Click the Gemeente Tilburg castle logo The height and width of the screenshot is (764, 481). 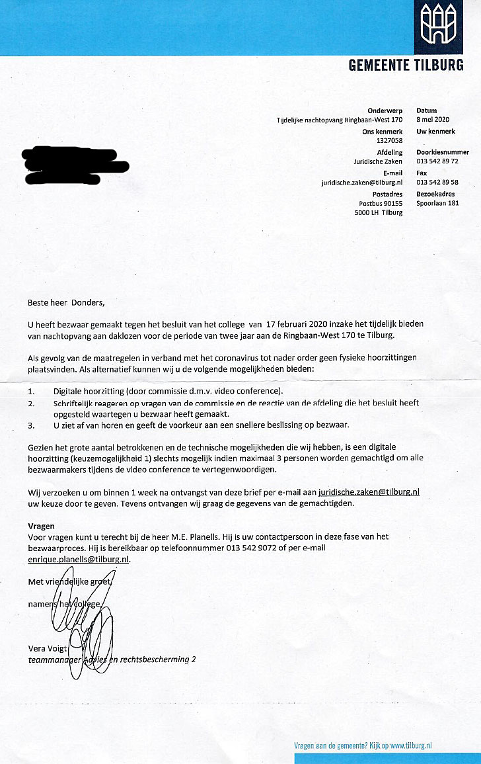pos(439,24)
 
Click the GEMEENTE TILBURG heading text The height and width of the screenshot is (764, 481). pos(406,65)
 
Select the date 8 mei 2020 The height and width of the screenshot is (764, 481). pos(433,120)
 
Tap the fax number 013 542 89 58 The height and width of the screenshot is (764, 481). pos(437,182)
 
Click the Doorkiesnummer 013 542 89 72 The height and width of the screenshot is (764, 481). pos(437,161)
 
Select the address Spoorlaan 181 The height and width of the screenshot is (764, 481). pos(437,203)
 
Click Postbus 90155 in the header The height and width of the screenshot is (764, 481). pos(381,203)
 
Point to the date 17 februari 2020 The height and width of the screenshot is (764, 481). pos(299,324)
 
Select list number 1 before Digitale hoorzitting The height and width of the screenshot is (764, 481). pos(30,392)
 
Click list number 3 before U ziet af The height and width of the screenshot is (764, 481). pos(31,425)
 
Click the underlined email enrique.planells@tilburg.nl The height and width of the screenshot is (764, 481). pos(79,559)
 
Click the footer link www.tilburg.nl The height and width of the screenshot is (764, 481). pos(410,745)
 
